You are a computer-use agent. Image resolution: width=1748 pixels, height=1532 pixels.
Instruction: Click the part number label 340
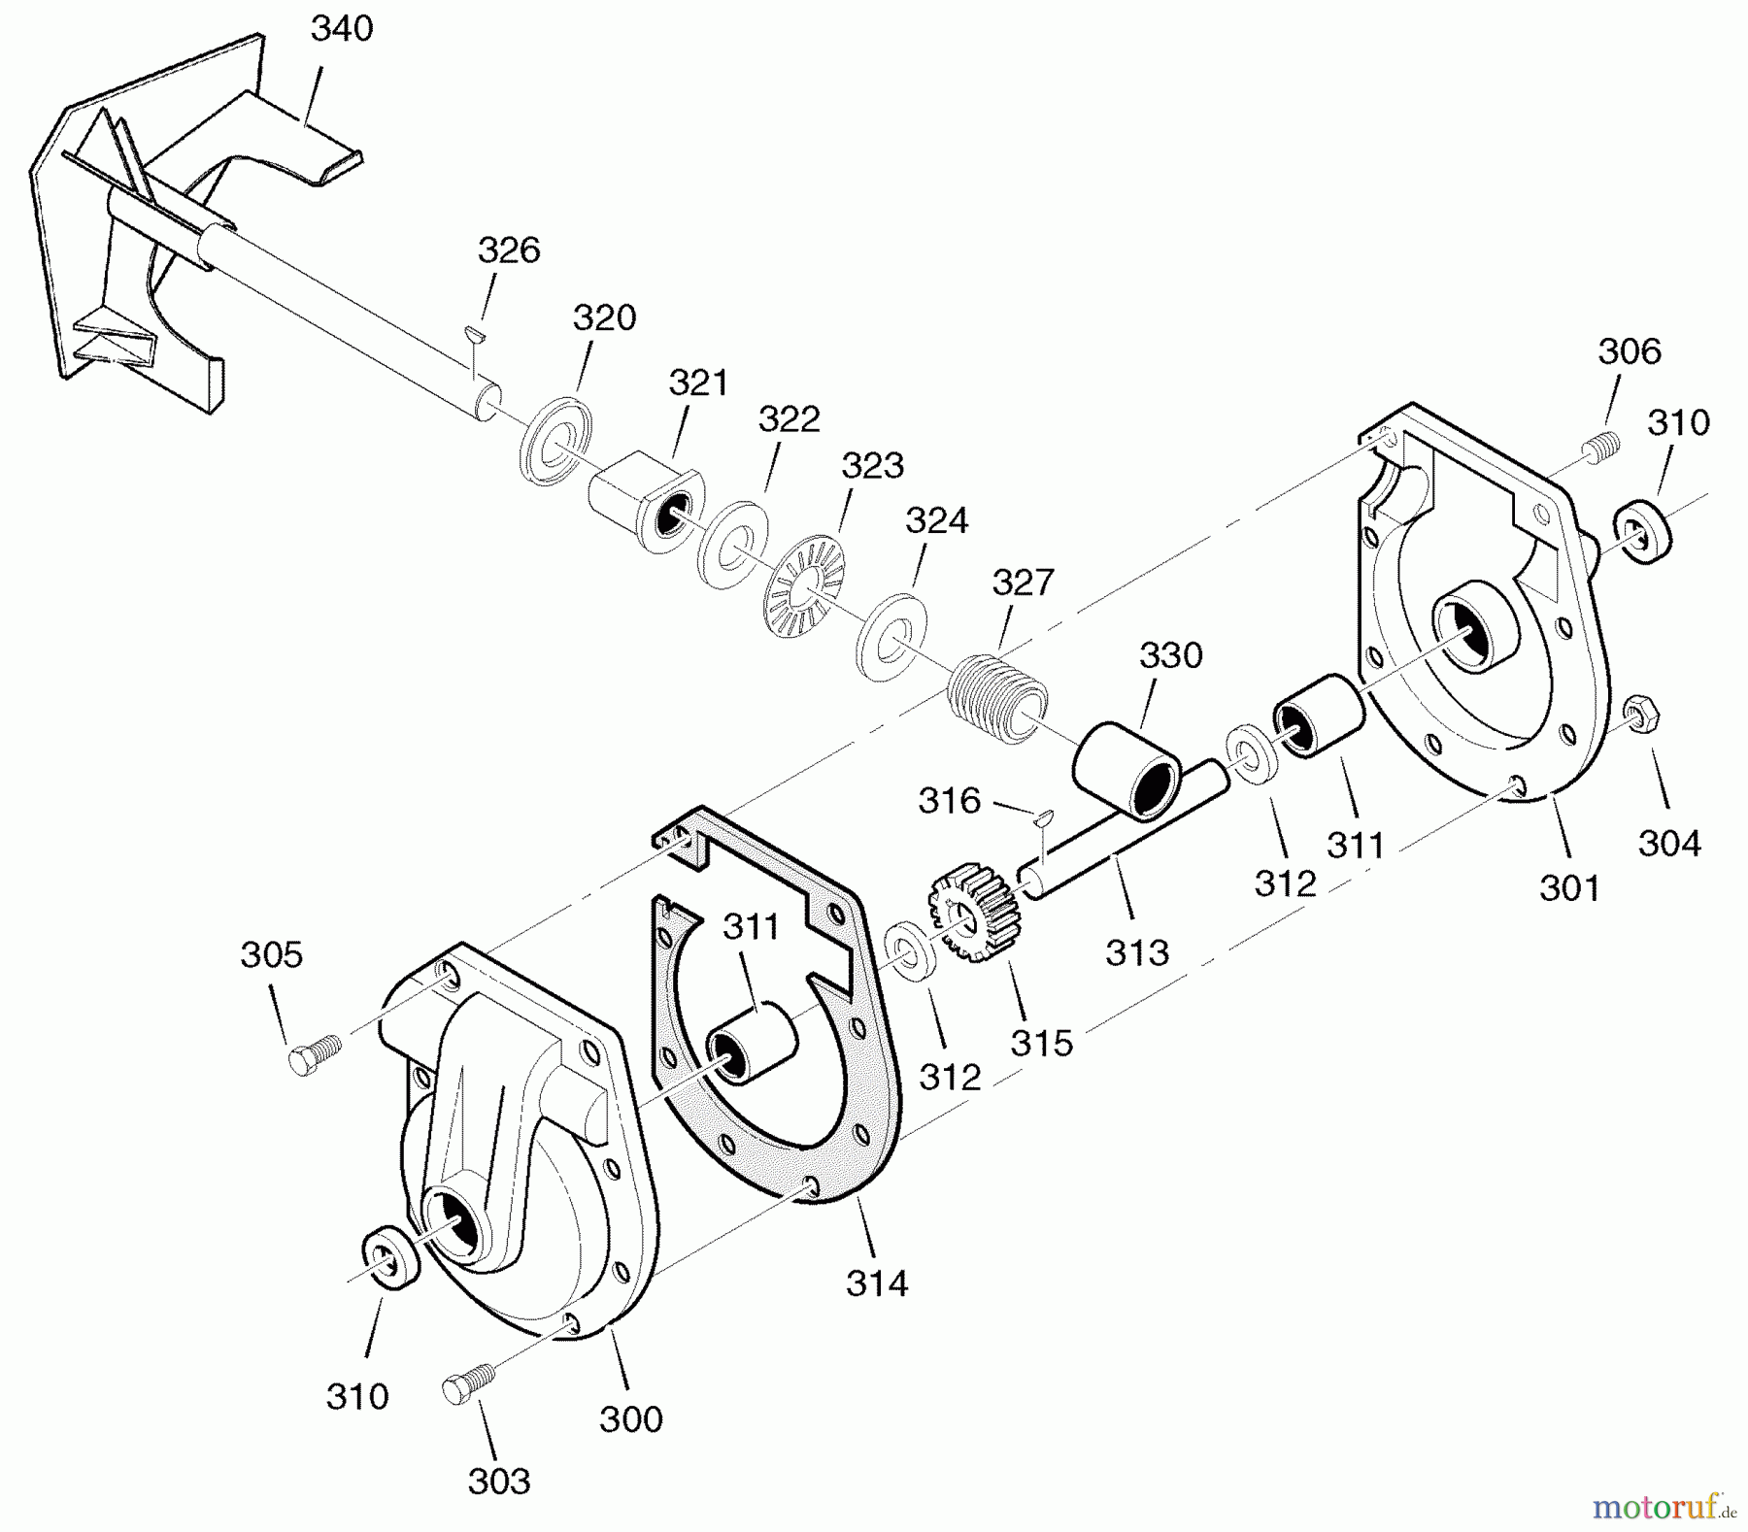click(342, 29)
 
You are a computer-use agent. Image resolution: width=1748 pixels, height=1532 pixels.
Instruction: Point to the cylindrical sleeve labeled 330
click(1126, 772)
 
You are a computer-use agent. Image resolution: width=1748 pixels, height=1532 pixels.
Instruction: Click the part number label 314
click(877, 1283)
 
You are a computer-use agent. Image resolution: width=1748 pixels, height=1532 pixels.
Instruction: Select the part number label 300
click(631, 1419)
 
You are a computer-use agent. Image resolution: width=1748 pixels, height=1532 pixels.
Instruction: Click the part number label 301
click(1570, 887)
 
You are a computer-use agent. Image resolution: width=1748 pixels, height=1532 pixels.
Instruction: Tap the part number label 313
click(1137, 952)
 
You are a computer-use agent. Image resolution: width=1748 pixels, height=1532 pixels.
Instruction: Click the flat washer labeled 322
click(733, 545)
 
